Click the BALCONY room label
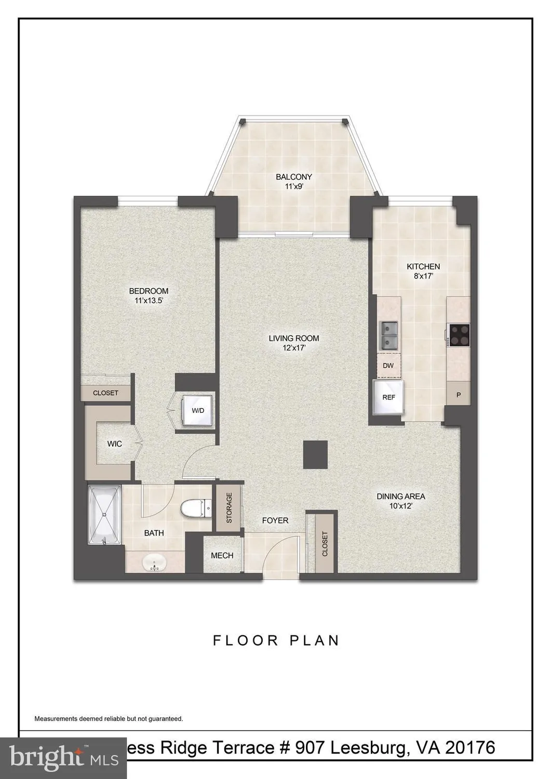click(x=293, y=177)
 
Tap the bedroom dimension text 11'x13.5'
click(x=149, y=301)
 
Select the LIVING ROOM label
click(x=293, y=339)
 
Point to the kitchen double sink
click(x=388, y=335)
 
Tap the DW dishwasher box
click(x=388, y=366)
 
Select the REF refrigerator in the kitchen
click(x=388, y=397)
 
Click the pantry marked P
click(x=459, y=395)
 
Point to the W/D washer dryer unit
click(x=198, y=411)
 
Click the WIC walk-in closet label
click(x=114, y=444)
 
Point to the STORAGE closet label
click(x=229, y=508)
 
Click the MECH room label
click(x=222, y=556)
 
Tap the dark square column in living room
click(x=315, y=453)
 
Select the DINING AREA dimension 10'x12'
click(x=400, y=506)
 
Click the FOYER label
click(x=275, y=520)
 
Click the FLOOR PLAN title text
click(x=276, y=640)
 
